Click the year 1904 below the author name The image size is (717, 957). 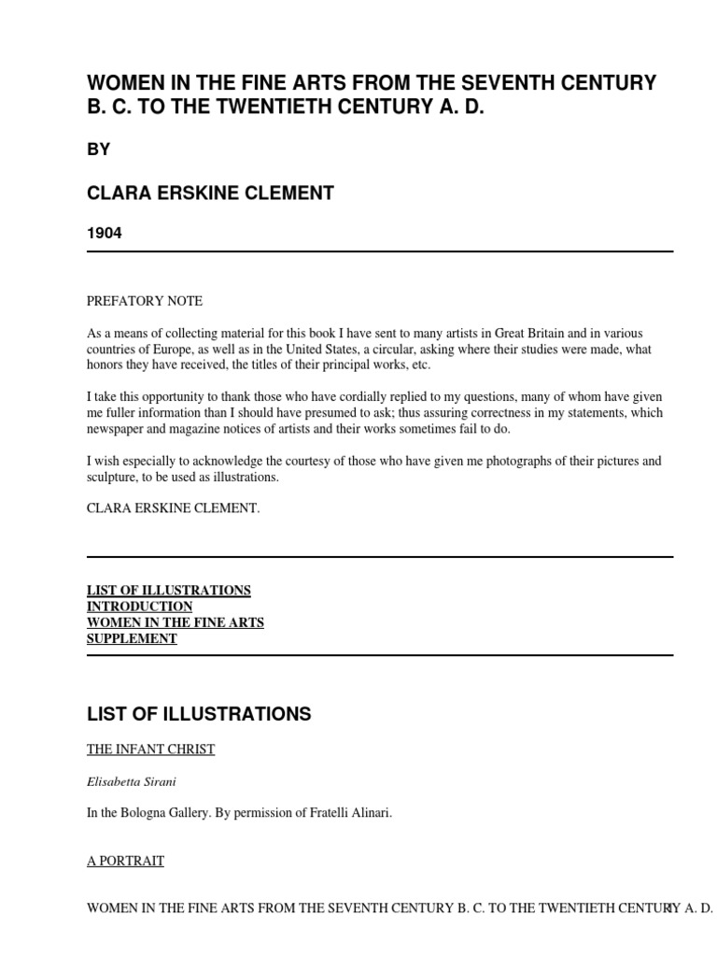[105, 233]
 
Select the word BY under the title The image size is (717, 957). [99, 150]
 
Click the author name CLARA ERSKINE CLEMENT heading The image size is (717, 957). [210, 193]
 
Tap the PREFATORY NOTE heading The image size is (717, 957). [145, 301]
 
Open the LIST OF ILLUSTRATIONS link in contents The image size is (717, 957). [169, 591]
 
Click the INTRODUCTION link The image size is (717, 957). [140, 607]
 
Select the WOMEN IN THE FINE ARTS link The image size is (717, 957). [176, 622]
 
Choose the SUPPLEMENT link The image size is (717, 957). [132, 638]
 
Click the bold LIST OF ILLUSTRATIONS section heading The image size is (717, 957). [199, 715]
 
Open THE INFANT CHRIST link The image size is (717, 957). [150, 750]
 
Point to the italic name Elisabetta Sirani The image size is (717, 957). [132, 781]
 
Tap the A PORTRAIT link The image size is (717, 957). [125, 861]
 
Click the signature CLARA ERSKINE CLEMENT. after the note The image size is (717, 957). [174, 508]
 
